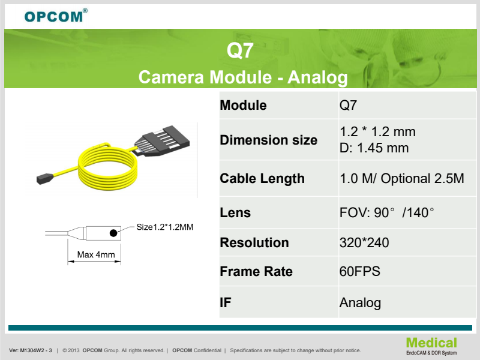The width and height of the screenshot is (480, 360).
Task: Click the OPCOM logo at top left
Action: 56,16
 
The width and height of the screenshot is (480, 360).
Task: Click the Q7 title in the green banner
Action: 240,50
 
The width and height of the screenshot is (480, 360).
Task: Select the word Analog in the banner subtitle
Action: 317,78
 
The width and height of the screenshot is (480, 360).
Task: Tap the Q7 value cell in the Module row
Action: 348,106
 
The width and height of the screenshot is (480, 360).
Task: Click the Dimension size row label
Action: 268,140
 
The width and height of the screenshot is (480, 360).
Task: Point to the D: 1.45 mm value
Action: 374,148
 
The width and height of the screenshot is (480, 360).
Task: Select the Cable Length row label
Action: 262,178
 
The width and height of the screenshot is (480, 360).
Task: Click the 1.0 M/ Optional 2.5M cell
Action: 401,178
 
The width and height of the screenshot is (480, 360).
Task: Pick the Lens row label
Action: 235,212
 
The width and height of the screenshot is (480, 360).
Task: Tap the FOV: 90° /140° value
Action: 387,212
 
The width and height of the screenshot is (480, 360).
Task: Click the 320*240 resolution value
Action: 364,243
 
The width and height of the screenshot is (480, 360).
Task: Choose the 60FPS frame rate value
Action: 359,272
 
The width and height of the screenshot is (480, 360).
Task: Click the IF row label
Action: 226,302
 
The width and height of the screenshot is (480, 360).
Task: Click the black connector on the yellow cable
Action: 163,141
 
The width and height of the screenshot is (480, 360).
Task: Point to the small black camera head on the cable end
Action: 44,179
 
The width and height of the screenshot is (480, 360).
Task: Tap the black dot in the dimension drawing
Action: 113,233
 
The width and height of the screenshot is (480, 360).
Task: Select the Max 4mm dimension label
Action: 96,254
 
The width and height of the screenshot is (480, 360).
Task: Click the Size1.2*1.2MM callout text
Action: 164,227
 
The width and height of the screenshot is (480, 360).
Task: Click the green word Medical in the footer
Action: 431,343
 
